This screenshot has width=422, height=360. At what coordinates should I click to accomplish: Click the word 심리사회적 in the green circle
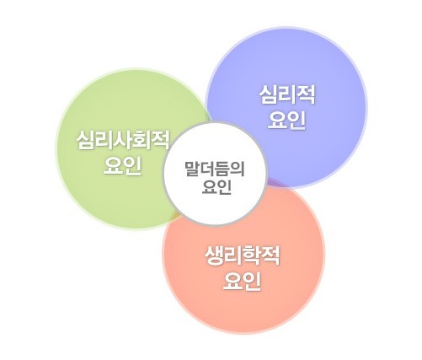pos(123,140)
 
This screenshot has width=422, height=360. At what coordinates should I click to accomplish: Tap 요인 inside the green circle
pos(122,166)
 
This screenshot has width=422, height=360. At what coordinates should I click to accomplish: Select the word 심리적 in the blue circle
pos(287,94)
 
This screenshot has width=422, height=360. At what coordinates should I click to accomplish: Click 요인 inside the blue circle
pos(286,121)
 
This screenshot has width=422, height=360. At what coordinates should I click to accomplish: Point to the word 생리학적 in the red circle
pos(243,255)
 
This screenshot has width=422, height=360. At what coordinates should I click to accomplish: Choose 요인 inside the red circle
pos(242,282)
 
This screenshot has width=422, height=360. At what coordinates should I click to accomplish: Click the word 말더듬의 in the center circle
pos(215,169)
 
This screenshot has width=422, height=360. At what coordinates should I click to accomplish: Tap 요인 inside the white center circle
pos(216,186)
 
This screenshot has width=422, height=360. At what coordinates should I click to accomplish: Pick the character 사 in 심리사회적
pos(123,140)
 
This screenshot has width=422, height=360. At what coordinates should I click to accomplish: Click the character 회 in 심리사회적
pos(142,140)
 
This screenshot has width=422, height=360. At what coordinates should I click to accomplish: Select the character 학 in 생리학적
pos(252,255)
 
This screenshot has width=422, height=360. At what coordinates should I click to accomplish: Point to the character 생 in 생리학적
pos(214,255)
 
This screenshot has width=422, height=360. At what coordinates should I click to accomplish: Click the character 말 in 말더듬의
pos(192,169)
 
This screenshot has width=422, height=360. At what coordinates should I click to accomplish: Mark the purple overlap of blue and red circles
pos(275,182)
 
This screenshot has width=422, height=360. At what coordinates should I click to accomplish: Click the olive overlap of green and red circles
pos(174,216)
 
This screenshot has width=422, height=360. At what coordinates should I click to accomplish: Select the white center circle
pos(215,174)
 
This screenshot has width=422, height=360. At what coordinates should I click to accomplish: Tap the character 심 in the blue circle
pos(269,94)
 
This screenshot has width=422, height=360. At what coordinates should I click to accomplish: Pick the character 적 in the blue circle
pos(306,94)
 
